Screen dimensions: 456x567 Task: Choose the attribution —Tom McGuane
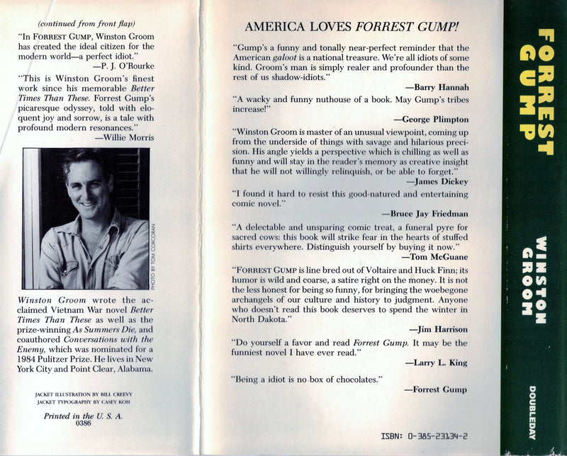(434, 257)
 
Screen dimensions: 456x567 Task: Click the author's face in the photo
(86, 184)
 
